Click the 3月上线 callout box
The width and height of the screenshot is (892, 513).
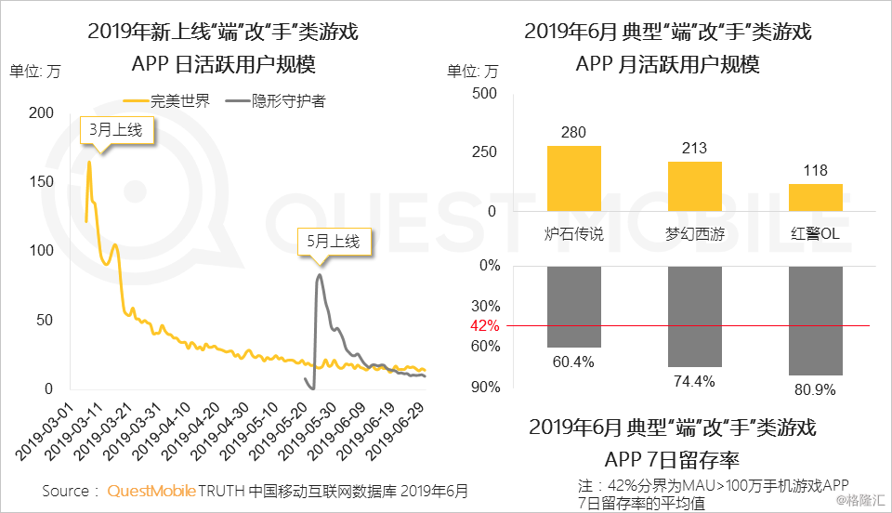(x=116, y=131)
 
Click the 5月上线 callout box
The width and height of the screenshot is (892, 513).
(x=334, y=242)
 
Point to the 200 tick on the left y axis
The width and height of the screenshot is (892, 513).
(x=42, y=112)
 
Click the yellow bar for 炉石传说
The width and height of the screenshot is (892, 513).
(x=573, y=178)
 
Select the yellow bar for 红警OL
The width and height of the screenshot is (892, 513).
(x=815, y=197)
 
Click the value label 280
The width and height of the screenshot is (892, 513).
(x=573, y=132)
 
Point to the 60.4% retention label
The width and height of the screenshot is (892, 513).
(x=573, y=362)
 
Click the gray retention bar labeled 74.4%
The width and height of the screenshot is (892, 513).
(x=694, y=316)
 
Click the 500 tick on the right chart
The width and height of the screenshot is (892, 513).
(x=484, y=93)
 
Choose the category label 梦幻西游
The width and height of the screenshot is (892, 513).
(x=694, y=234)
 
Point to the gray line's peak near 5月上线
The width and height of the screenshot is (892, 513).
(x=320, y=274)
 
